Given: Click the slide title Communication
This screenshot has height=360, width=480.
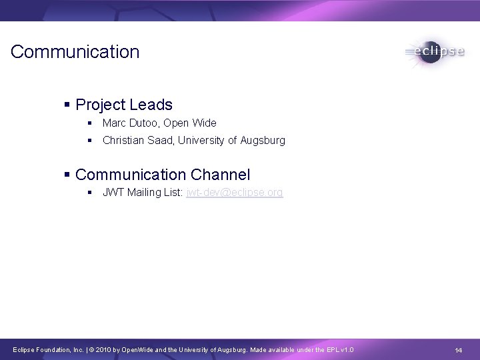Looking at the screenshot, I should tap(75, 52).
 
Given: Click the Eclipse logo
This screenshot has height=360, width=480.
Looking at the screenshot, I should tap(434, 52).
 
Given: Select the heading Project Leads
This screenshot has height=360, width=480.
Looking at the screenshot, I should tap(124, 105).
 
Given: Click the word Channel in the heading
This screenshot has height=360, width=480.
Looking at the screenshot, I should tap(220, 175).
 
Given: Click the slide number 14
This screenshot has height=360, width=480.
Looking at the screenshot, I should tap(459, 351).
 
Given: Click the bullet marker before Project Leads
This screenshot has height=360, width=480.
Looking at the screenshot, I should tap(67, 105).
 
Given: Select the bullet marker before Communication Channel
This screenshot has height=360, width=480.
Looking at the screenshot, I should tap(67, 175).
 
